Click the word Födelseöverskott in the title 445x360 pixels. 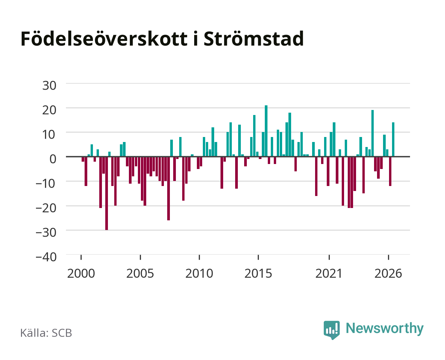coord(104,39)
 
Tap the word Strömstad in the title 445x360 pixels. coord(253,39)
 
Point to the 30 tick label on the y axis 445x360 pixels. coord(49,86)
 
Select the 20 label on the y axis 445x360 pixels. coord(49,110)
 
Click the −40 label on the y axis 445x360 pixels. coord(46,257)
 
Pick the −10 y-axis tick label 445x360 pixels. coord(46,184)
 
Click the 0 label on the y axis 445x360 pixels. coord(53,159)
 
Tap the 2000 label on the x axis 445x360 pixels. coord(81,273)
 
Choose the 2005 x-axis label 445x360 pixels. coord(140,273)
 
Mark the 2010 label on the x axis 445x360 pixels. coord(199,273)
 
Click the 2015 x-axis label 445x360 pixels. coord(258,273)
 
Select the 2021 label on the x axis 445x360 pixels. coord(329,273)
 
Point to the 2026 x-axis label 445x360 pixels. coord(388,273)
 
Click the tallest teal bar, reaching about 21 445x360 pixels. coord(266,131)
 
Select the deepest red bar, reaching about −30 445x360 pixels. coord(107,193)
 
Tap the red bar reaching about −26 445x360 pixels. coord(169,188)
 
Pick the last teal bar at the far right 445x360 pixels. coord(393,139)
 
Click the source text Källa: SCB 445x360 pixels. coord(46,333)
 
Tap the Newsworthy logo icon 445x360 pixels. coord(331,330)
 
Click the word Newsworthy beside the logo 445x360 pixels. coord(385,329)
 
